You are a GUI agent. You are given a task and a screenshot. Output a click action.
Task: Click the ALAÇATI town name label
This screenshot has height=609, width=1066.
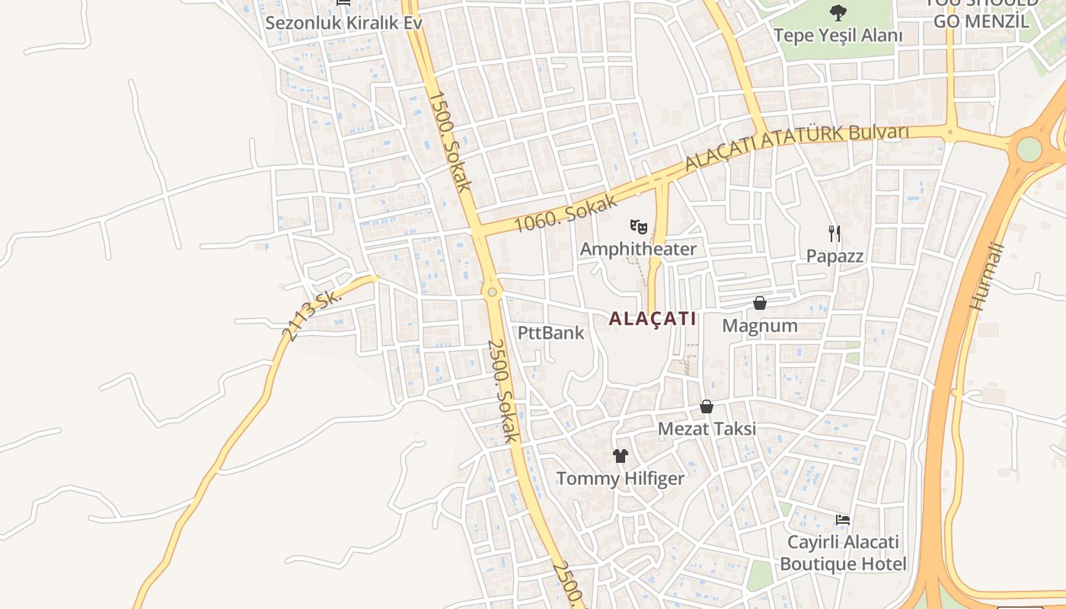coord(653,319)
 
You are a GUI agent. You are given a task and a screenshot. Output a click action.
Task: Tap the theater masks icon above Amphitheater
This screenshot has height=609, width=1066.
coord(638,226)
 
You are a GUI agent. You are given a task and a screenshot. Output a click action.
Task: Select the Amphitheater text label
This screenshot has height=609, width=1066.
coord(638,249)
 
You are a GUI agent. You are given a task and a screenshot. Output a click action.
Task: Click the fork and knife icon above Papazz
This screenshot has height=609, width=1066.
coord(835,233)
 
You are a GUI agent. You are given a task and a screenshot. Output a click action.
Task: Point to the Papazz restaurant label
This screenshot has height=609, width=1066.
coord(835,256)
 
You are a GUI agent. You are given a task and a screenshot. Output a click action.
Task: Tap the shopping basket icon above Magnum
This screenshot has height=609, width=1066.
coord(759,303)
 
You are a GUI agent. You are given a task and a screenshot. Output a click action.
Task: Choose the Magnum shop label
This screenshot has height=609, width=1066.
coord(760,326)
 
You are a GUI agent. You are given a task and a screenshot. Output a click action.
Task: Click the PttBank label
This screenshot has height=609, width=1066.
coord(551,333)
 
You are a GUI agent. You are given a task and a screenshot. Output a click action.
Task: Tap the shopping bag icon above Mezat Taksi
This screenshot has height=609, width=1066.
coord(707,407)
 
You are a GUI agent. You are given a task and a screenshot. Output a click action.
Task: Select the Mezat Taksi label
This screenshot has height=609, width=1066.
coord(707,429)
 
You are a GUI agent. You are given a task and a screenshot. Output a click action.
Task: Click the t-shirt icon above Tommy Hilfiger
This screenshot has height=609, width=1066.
coord(621,456)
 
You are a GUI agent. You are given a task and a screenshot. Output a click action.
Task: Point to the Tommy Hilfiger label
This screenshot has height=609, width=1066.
coord(621,479)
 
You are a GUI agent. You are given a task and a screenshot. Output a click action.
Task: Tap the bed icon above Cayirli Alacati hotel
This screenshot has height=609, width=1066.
coord(843,520)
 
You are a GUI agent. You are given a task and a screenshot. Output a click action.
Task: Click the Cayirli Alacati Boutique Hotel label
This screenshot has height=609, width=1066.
coord(843,553)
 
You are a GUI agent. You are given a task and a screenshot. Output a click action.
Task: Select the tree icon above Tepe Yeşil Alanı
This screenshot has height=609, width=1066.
coord(838,12)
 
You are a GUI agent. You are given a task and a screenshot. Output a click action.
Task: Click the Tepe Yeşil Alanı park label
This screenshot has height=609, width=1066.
coord(838,35)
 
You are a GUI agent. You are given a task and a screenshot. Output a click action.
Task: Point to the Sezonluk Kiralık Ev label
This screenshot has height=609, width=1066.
coord(343,23)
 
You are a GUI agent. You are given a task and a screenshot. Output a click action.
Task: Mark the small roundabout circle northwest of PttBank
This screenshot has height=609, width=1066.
coord(492,292)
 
